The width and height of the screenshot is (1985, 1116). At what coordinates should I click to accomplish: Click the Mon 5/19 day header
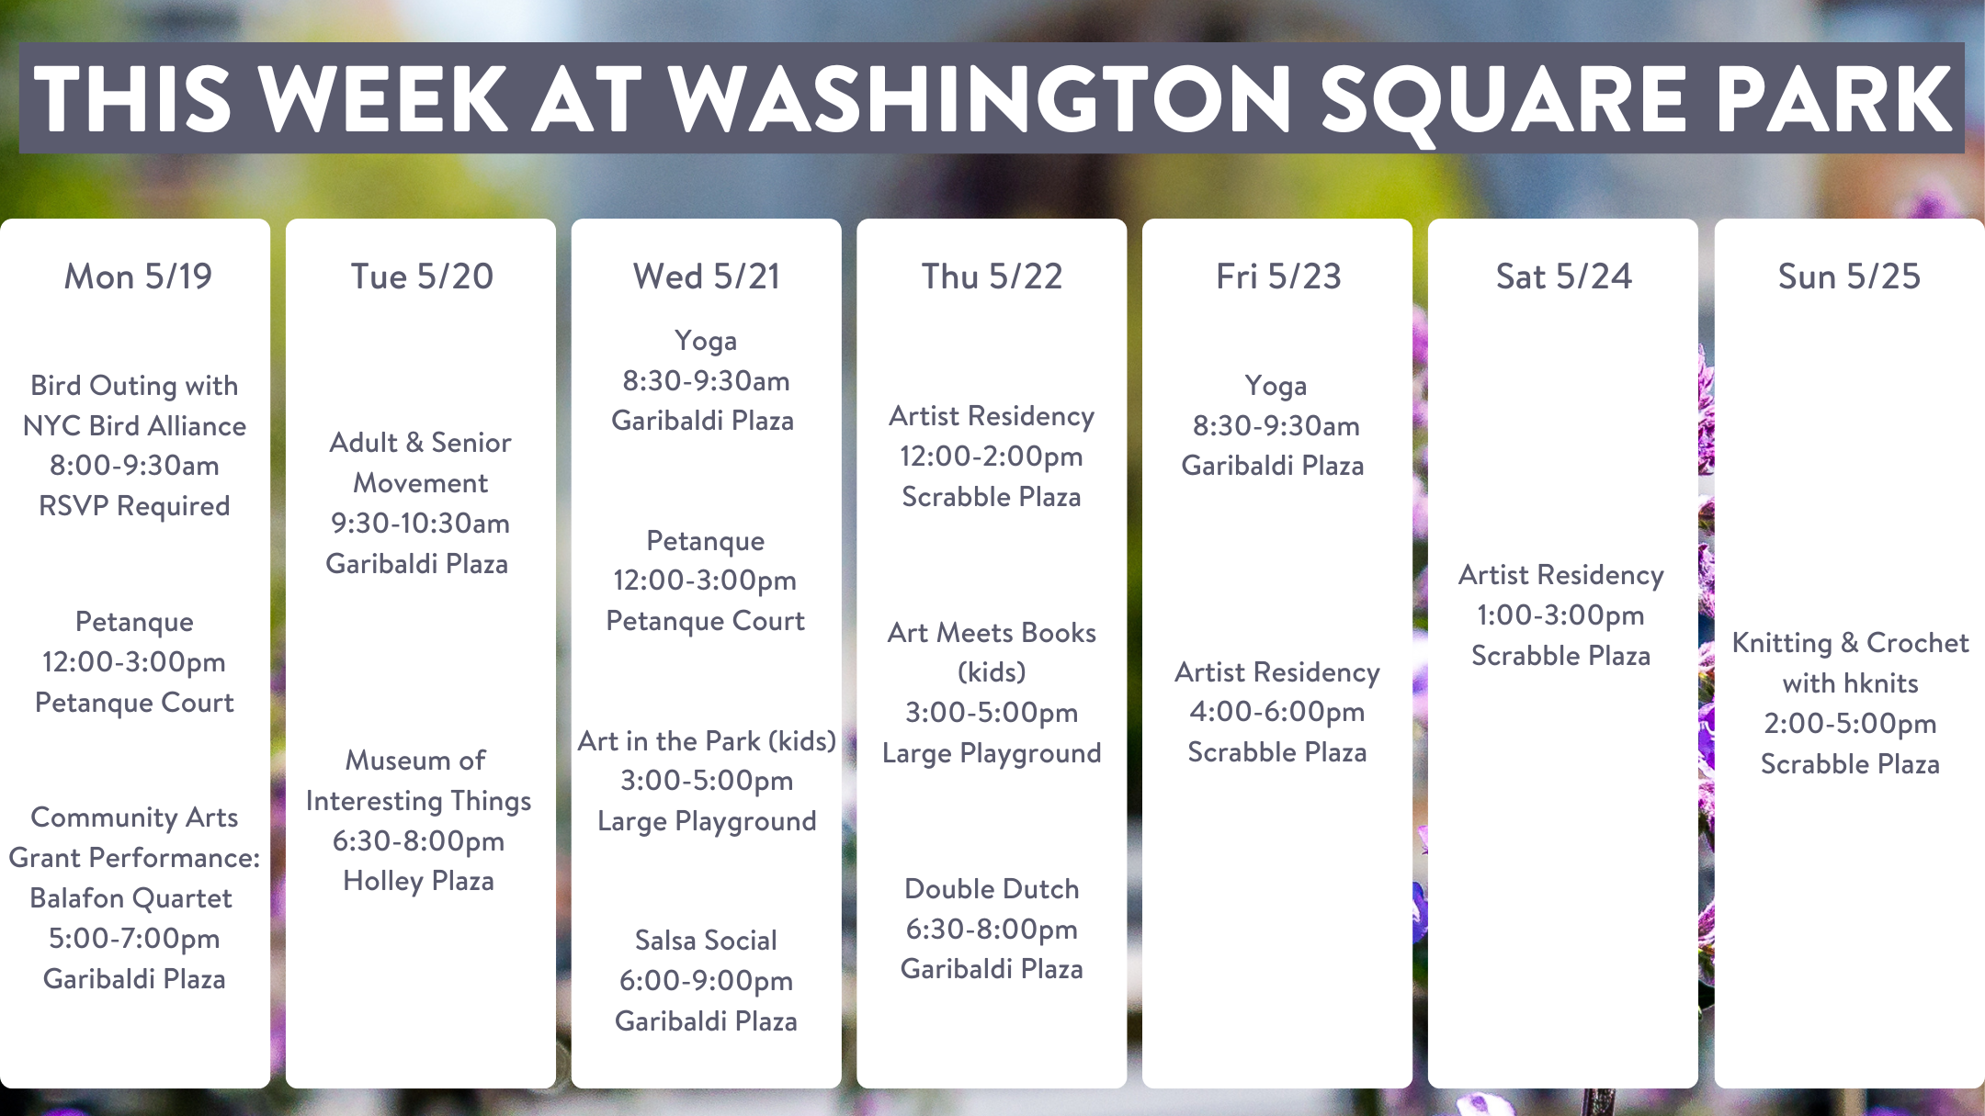coord(138,276)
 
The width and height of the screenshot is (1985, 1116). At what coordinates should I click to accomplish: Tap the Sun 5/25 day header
coord(1849,276)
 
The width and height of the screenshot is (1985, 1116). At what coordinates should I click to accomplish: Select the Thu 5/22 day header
coord(992,276)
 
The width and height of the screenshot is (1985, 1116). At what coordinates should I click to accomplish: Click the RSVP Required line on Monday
coord(134,506)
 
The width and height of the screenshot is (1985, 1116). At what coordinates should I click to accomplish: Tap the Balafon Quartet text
coord(130,898)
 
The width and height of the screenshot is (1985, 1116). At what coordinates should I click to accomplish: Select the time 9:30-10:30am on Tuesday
coord(420,524)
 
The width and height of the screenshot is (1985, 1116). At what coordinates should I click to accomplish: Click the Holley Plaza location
coord(418,881)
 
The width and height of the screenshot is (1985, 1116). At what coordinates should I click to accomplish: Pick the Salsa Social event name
coord(706,941)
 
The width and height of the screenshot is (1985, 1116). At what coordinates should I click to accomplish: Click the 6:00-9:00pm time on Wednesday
coord(706,981)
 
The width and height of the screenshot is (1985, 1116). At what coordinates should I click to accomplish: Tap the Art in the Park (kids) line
coord(707,741)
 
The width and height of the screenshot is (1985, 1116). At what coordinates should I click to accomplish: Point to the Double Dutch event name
coord(992,889)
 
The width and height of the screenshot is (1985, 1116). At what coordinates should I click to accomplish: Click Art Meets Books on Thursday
coord(992,633)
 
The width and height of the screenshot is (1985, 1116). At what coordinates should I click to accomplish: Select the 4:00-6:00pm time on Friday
coord(1277,712)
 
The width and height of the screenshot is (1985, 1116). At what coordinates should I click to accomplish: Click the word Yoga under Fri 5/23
coord(1276,387)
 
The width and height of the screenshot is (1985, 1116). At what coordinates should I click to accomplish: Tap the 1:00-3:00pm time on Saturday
coord(1560,615)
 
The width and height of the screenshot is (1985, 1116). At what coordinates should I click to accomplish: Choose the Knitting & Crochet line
coord(1850,643)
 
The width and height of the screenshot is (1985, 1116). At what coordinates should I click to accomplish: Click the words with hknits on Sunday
coord(1850,683)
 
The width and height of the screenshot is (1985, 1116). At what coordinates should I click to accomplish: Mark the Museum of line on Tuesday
coord(415,761)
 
